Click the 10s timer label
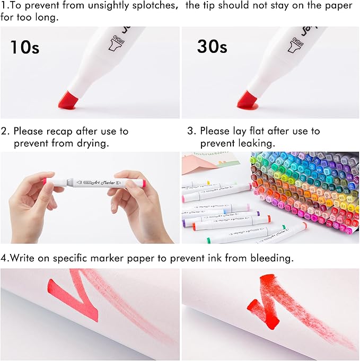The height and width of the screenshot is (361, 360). click(24, 47)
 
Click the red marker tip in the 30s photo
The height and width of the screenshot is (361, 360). click(248, 99)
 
